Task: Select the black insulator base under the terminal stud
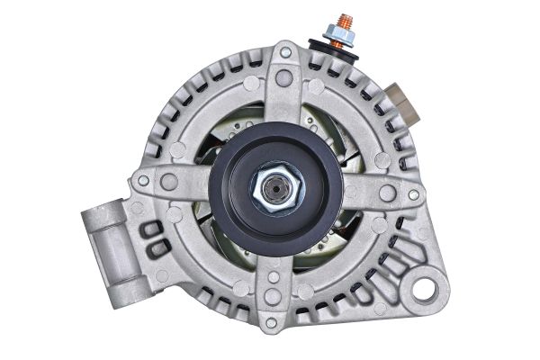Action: point(340,51)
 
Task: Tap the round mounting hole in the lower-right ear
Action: point(430,290)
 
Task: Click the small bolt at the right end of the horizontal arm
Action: point(413,193)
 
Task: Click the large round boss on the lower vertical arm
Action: point(273,296)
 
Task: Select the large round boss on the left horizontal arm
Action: point(169,183)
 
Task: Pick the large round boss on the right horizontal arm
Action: point(387,193)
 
